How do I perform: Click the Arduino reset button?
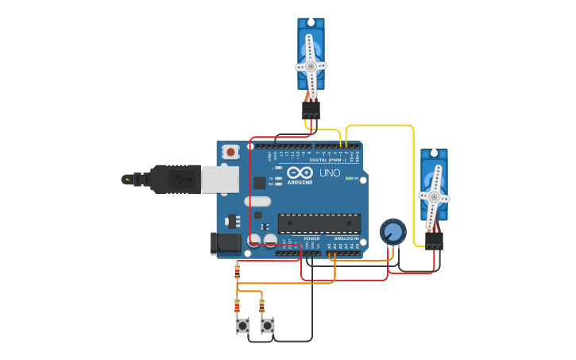pos(230,151)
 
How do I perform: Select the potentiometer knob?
pos(392,232)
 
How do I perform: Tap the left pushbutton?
pos(242,325)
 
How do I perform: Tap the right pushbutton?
pos(268,325)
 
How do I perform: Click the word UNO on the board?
pos(330,173)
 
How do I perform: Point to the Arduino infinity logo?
pos(300,173)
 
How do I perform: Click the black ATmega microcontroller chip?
pos(319,223)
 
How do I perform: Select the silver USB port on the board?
pos(220,179)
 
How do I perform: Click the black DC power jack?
pos(226,243)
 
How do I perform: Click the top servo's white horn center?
pos(311,66)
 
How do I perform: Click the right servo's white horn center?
pos(434,196)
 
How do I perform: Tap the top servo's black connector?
pos(311,110)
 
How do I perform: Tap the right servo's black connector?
pos(434,240)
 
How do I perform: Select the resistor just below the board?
pos(237,272)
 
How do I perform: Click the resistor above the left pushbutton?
pos(237,305)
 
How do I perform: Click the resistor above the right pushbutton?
pos(261,305)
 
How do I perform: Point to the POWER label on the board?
pos(312,238)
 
